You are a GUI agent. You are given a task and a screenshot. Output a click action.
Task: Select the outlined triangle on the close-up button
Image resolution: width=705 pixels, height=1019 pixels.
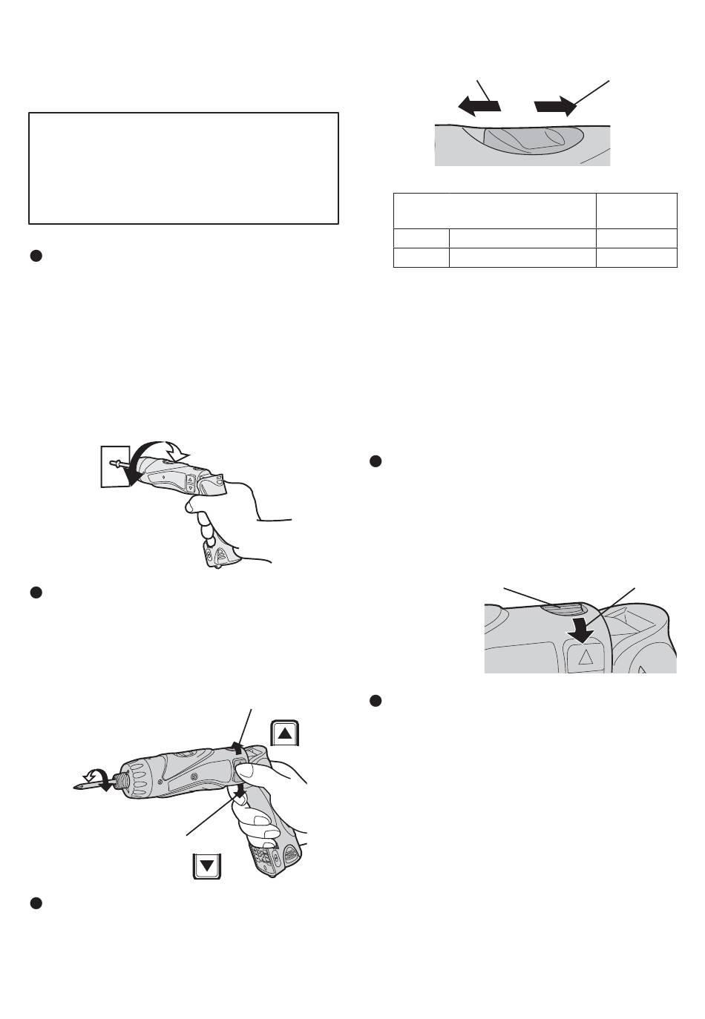coord(583,655)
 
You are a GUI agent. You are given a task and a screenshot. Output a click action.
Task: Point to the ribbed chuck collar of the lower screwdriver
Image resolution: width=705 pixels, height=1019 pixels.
coord(137,779)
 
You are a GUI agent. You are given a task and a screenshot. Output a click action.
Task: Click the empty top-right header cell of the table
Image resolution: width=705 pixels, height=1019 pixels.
coord(636,211)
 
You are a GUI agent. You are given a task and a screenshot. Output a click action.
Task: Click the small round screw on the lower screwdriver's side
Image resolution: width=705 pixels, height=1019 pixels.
coord(196,776)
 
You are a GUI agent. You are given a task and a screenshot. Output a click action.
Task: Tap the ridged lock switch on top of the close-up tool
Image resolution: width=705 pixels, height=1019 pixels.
coord(560,609)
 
